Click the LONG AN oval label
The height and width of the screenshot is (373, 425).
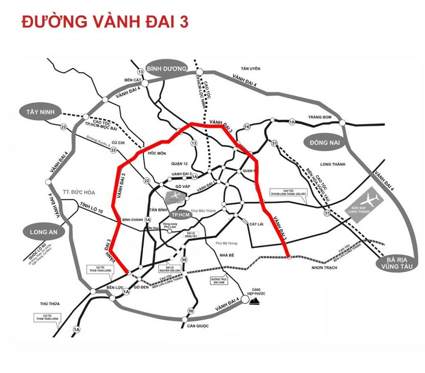click(43, 232)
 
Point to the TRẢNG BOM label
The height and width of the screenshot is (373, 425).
click(320, 117)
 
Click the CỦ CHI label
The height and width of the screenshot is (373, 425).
click(117, 143)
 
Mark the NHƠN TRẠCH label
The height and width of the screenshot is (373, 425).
click(324, 267)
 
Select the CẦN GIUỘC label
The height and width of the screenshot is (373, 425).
click(198, 325)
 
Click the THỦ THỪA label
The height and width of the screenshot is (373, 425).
click(50, 304)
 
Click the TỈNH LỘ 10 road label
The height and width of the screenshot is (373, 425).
click(91, 208)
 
